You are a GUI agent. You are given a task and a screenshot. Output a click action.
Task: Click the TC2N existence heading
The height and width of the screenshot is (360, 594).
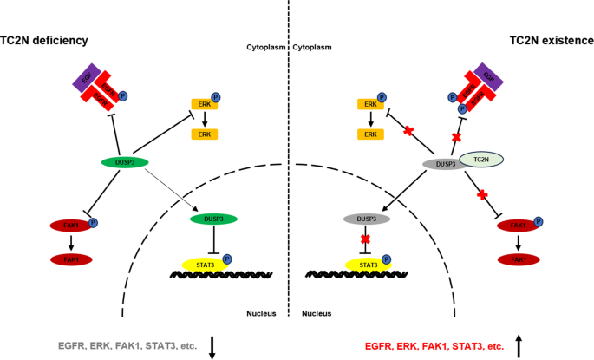550,41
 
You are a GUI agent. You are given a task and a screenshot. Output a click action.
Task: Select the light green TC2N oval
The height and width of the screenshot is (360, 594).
475,159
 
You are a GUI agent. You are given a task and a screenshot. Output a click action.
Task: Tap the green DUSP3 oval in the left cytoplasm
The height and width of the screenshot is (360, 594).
124,162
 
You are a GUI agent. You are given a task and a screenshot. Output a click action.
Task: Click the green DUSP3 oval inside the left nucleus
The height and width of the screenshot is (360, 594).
212,220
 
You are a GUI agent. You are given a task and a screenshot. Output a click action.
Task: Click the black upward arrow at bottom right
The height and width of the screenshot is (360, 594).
519,345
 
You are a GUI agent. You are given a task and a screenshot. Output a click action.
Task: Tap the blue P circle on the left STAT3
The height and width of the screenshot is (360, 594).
227,258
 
